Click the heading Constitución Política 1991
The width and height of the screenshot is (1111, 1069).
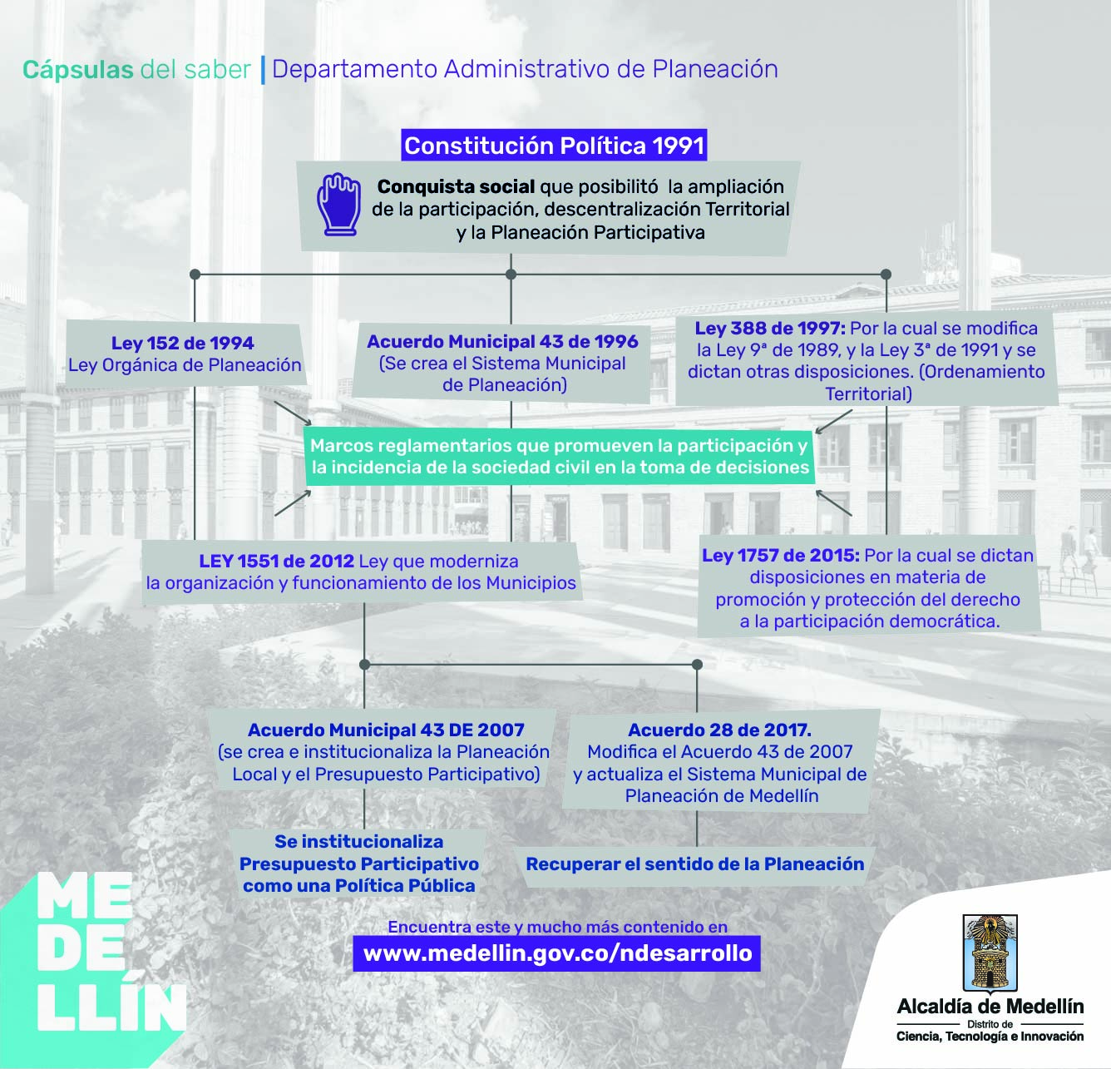pyautogui.click(x=554, y=146)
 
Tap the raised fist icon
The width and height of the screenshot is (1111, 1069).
pyautogui.click(x=338, y=204)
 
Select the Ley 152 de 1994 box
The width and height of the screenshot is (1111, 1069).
pyautogui.click(x=184, y=354)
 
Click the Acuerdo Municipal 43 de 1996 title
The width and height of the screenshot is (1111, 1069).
pyautogui.click(x=502, y=341)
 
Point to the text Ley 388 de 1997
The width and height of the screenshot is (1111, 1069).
pyautogui.click(x=769, y=329)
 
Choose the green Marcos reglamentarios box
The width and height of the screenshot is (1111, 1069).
pyautogui.click(x=559, y=456)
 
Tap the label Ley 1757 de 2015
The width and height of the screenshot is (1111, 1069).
pyautogui.click(x=780, y=556)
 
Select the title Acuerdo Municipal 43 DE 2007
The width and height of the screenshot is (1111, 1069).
pyautogui.click(x=386, y=730)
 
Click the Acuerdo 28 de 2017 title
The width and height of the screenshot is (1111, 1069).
pyautogui.click(x=719, y=730)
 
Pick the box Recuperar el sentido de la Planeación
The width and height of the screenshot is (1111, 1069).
pyautogui.click(x=695, y=864)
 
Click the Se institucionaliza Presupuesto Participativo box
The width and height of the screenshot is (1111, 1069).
pyautogui.click(x=359, y=864)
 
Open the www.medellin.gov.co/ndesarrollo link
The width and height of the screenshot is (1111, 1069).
pyautogui.click(x=557, y=953)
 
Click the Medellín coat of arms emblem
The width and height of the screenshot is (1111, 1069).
pyautogui.click(x=990, y=953)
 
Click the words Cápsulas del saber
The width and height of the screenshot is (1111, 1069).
pyautogui.click(x=136, y=70)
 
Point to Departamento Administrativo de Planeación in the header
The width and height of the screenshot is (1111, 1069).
pyautogui.click(x=525, y=69)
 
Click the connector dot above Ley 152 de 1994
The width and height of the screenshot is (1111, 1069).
pyautogui.click(x=195, y=274)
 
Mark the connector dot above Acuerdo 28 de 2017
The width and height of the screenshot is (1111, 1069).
pyautogui.click(x=697, y=665)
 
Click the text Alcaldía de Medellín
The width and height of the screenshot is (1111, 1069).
pyautogui.click(x=990, y=1007)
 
